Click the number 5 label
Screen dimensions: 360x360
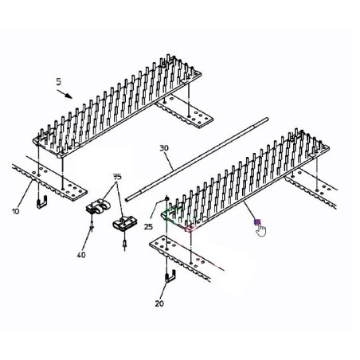58,82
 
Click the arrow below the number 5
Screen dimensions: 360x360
65,94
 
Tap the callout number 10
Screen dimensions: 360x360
16,212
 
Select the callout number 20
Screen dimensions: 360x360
159,303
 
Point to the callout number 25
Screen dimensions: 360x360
149,227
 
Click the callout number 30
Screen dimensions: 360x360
164,148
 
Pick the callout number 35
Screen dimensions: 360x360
117,177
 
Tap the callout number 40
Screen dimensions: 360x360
81,255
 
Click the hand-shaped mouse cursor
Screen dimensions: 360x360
261,230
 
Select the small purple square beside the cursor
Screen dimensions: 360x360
257,221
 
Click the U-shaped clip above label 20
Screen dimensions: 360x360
171,276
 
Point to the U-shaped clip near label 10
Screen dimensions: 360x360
42,202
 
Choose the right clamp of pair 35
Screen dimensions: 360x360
124,223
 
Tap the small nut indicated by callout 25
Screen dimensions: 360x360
167,198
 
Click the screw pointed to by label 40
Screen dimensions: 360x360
92,224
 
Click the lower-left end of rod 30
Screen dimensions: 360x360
127,199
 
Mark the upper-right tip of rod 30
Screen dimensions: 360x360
267,119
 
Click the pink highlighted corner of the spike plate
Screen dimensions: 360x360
190,229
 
